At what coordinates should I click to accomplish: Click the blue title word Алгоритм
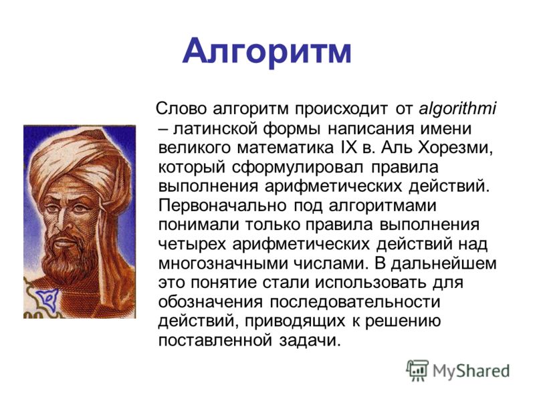[x=266, y=53]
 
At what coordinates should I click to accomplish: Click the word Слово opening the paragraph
[x=181, y=109]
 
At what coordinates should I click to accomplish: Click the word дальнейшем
[x=443, y=264]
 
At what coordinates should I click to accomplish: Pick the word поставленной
[x=215, y=341]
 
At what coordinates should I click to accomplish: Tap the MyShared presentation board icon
[x=417, y=370]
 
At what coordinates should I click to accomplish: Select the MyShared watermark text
[x=471, y=372]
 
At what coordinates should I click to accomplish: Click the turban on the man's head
[x=81, y=160]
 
